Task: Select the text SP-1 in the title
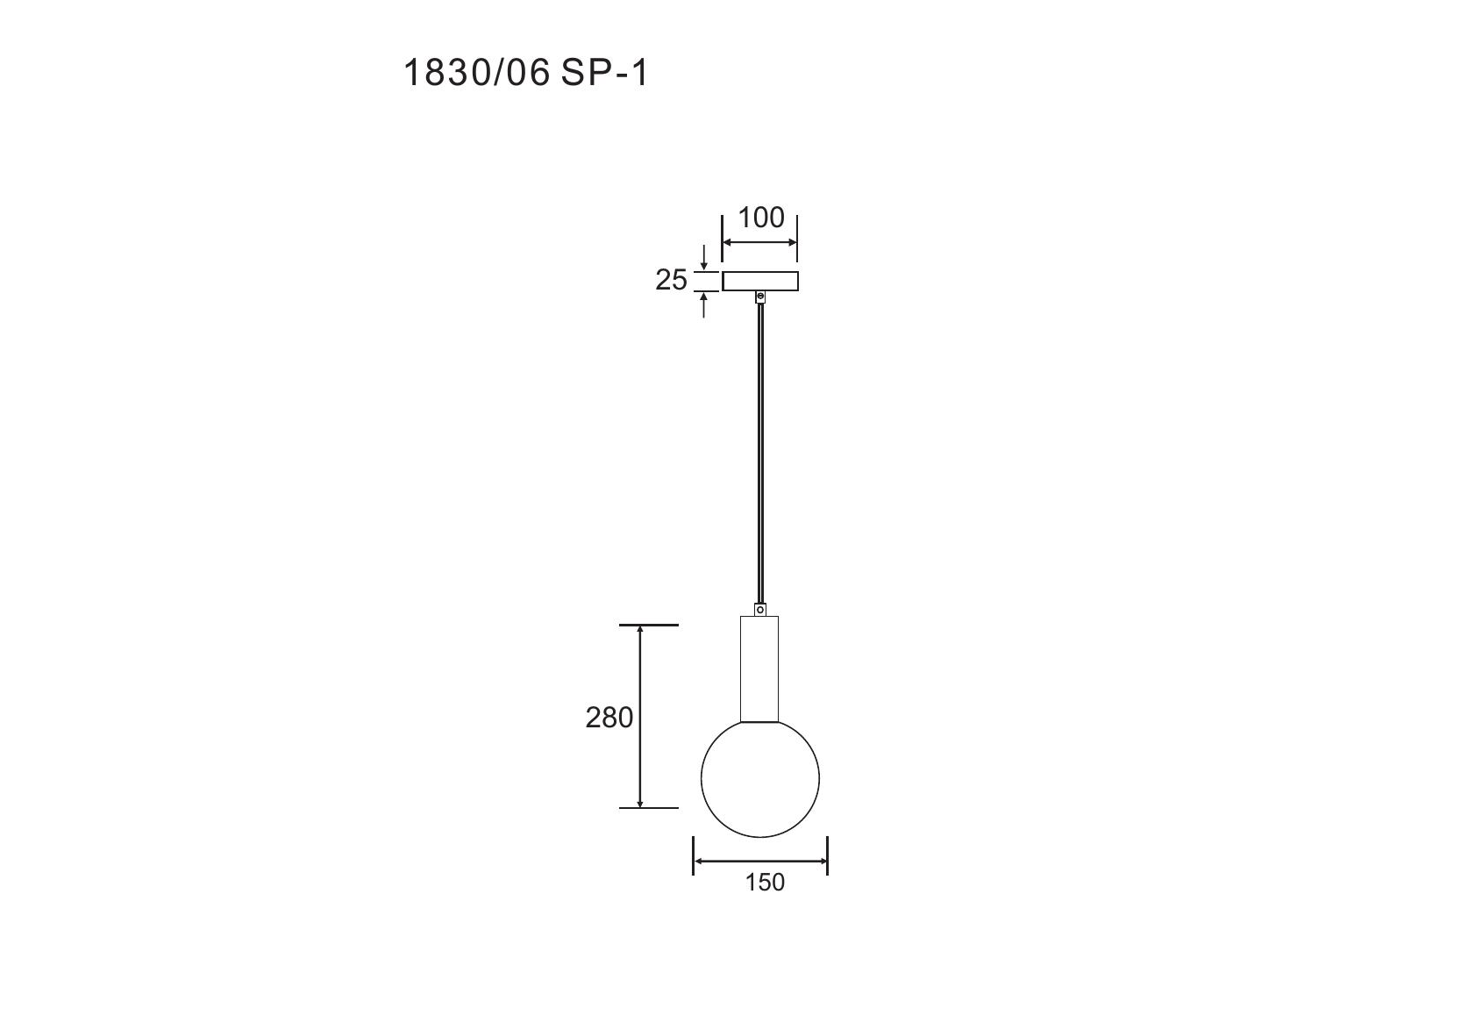point(604,73)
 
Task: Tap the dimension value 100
point(760,218)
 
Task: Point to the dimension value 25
point(671,280)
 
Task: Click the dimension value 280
point(609,718)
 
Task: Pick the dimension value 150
point(765,882)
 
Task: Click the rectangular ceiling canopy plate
point(759,282)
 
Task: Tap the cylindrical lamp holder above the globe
point(759,669)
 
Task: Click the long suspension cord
point(759,454)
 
